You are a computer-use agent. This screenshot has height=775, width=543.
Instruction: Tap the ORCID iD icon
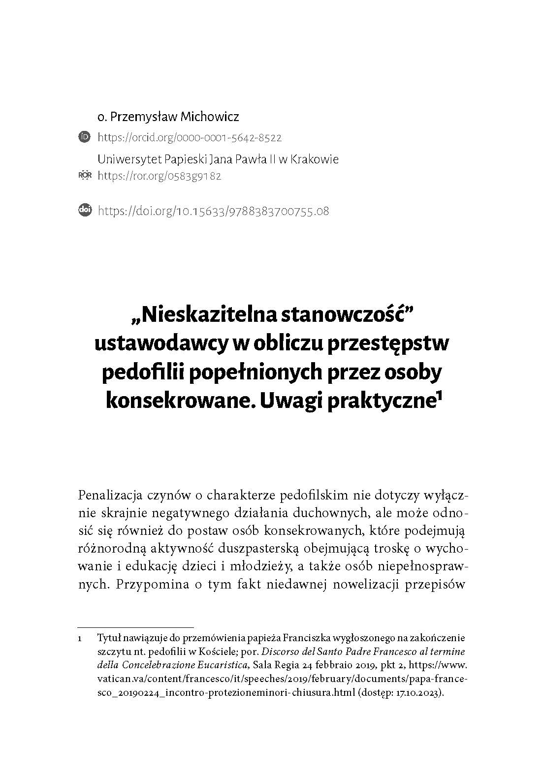pos(85,137)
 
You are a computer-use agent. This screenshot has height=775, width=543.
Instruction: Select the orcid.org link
pos(190,138)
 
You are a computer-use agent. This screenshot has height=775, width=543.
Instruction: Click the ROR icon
pos(85,175)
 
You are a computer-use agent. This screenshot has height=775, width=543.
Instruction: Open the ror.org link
pos(160,176)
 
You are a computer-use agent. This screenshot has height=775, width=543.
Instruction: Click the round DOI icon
pos(85,211)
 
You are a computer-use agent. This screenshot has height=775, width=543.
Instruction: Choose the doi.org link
pos(214,211)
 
